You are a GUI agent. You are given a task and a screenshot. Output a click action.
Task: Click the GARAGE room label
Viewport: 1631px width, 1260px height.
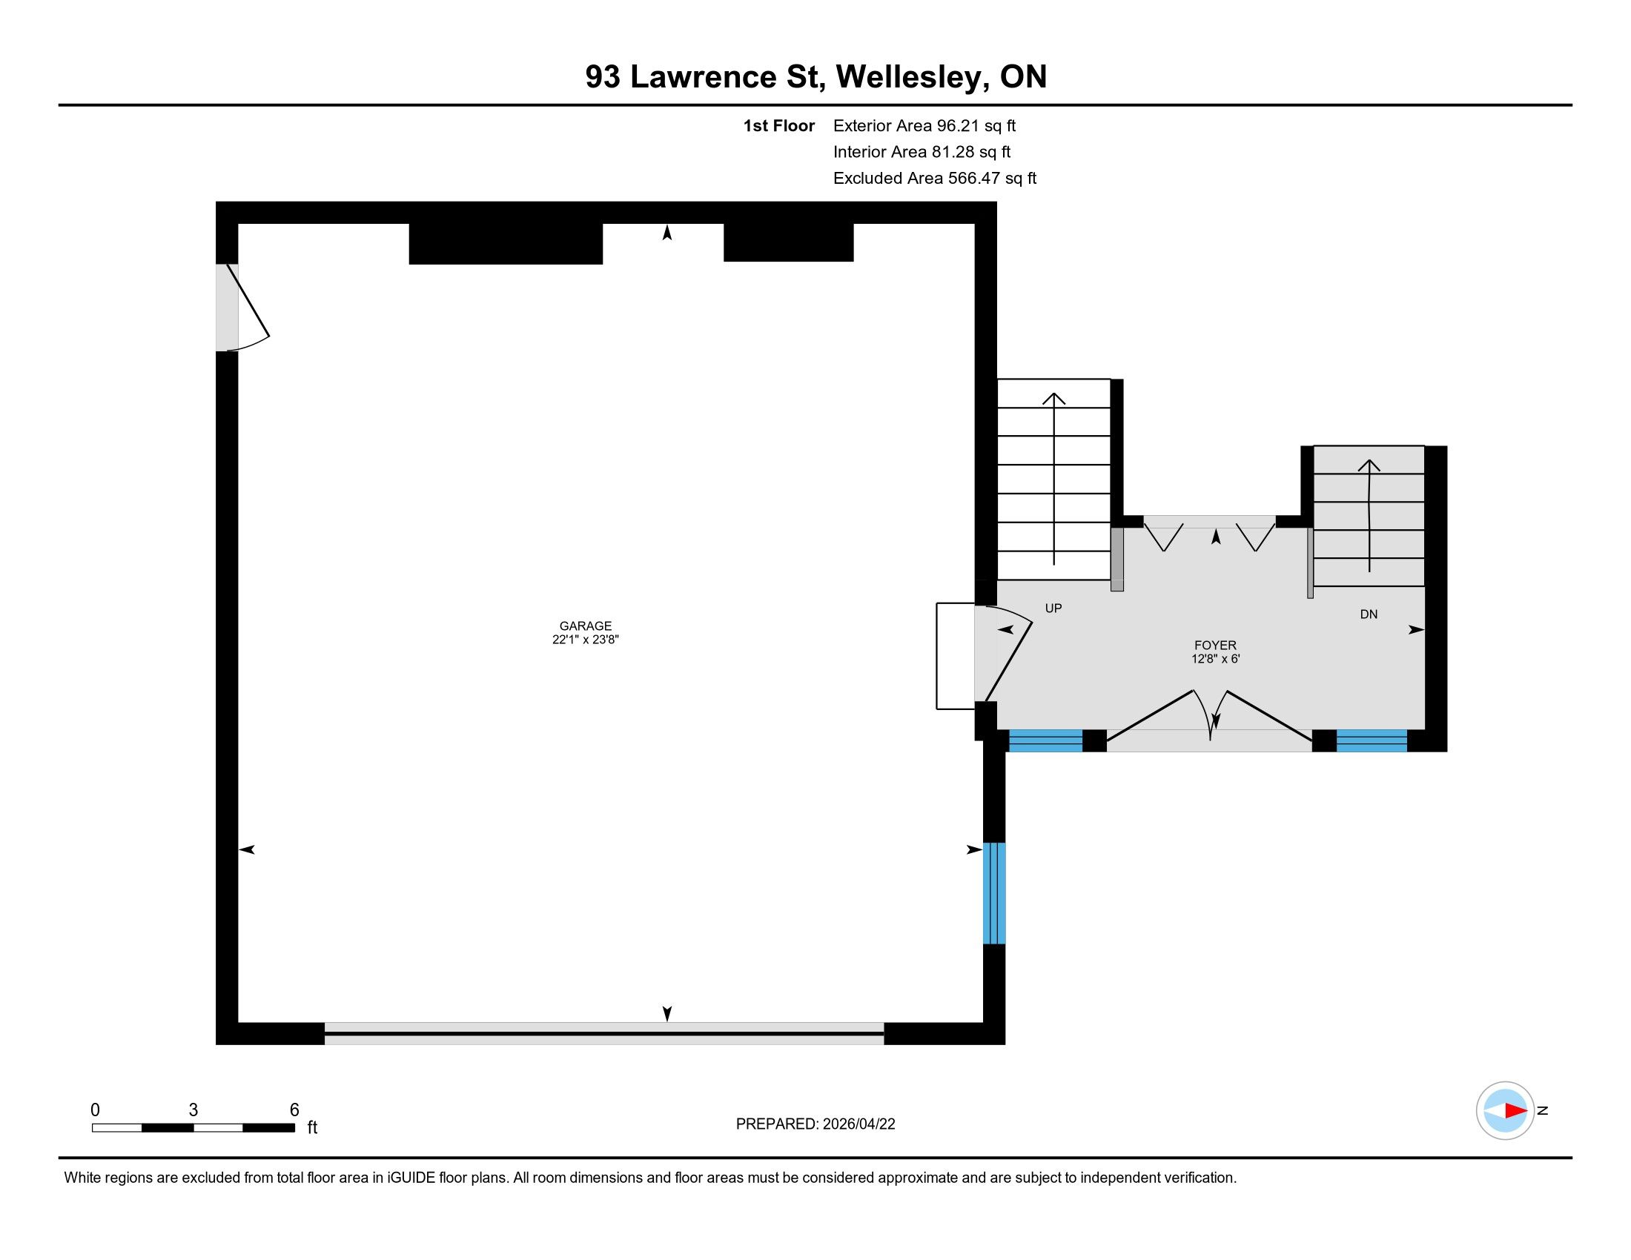[x=586, y=626]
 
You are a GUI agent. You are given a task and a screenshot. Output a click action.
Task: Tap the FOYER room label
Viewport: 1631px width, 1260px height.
[x=1215, y=646]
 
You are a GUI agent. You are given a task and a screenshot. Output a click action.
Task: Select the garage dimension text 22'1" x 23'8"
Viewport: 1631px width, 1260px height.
[x=586, y=640]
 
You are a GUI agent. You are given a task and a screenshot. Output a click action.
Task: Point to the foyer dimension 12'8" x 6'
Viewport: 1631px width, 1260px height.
[x=1215, y=659]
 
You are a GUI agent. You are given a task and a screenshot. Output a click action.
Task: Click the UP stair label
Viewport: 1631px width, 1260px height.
[x=1053, y=609]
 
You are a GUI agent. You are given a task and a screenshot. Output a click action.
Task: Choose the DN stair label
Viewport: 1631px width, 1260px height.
[x=1368, y=614]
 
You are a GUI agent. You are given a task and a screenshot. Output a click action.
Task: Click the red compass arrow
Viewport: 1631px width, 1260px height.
[x=1515, y=1110]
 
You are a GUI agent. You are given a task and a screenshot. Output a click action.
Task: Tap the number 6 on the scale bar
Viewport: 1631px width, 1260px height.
[x=294, y=1110]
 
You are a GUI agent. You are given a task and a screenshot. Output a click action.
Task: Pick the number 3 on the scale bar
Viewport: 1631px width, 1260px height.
[x=193, y=1110]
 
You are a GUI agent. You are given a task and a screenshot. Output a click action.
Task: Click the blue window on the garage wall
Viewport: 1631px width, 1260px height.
[x=994, y=894]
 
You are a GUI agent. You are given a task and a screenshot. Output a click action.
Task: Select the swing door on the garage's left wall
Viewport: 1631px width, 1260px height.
[x=242, y=307]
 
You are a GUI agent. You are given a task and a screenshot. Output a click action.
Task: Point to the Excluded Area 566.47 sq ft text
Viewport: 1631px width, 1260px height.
[x=935, y=179]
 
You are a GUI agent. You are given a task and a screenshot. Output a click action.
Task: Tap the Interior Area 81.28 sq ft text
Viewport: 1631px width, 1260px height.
[x=922, y=152]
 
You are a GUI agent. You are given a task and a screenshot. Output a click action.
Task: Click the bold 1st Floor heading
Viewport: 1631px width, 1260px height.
[x=779, y=126]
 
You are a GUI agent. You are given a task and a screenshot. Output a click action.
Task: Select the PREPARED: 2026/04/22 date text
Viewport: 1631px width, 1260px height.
[x=815, y=1124]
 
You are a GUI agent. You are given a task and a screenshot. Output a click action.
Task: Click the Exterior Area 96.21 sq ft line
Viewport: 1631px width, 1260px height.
[x=924, y=126]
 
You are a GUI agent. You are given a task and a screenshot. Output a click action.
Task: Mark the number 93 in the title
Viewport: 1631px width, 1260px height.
[x=603, y=77]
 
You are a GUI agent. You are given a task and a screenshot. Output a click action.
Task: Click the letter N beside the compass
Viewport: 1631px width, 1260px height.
[x=1543, y=1110]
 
